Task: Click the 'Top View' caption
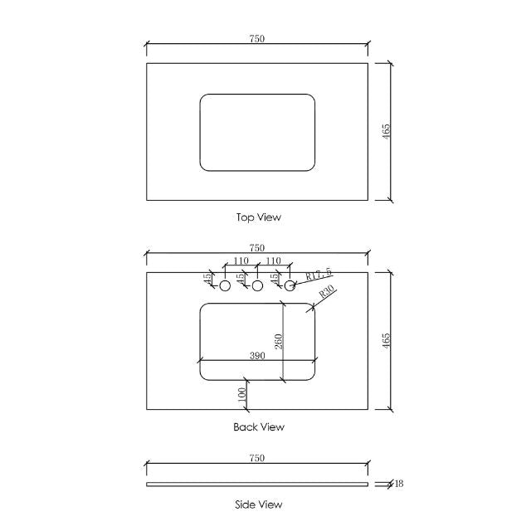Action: (x=259, y=217)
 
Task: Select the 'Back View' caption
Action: (x=259, y=427)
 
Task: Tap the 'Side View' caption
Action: (x=259, y=504)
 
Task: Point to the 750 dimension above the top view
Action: (x=257, y=39)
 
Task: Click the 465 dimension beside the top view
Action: (x=386, y=131)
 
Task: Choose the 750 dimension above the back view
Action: (x=257, y=248)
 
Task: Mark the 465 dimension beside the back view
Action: (x=386, y=340)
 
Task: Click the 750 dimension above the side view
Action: (x=257, y=458)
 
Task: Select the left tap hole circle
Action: (x=224, y=285)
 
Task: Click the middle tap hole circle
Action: (x=257, y=285)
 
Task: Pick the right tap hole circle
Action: (x=290, y=285)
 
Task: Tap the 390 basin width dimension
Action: (x=257, y=355)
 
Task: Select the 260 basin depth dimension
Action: (x=279, y=341)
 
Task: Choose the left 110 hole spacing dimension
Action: (x=241, y=261)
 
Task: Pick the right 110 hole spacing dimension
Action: (x=274, y=261)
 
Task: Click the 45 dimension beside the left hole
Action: (x=207, y=279)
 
